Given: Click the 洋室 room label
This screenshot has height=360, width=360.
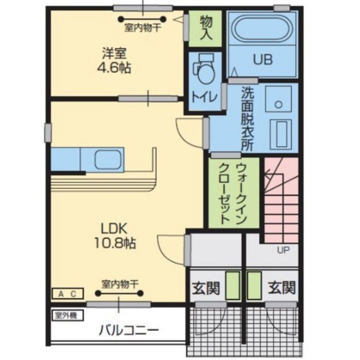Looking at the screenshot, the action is click(114, 53).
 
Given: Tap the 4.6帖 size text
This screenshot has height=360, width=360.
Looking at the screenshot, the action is click(114, 67).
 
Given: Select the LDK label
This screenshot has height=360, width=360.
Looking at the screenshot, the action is click(114, 229).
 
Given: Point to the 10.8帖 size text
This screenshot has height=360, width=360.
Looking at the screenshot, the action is click(115, 243).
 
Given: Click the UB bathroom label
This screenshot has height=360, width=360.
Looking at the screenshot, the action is click(263, 59).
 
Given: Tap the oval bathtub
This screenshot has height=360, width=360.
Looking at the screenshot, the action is click(262, 28).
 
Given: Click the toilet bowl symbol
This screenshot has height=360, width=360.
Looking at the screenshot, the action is click(204, 70).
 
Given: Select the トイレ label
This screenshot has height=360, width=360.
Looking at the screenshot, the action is click(204, 97).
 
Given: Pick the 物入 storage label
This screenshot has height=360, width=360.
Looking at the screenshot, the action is click(206, 28).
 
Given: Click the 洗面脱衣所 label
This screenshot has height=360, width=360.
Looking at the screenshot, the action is click(248, 119).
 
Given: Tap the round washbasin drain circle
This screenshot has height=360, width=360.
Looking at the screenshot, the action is click(278, 105).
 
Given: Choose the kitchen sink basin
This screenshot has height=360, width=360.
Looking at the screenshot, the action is click(108, 159).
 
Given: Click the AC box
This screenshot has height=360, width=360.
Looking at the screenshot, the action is click(67, 294).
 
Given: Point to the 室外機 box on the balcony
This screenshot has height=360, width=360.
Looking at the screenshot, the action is click(67, 316).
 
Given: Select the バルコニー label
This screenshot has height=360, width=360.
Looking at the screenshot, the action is click(129, 331).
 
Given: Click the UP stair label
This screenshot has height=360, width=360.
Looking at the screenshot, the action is click(283, 250).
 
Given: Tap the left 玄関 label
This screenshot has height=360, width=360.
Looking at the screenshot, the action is click(206, 288).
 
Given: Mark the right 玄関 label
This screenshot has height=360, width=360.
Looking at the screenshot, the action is click(282, 288).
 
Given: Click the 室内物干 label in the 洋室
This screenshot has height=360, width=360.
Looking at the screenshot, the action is click(143, 28).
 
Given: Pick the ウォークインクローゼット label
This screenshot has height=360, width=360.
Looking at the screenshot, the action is click(233, 194).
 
